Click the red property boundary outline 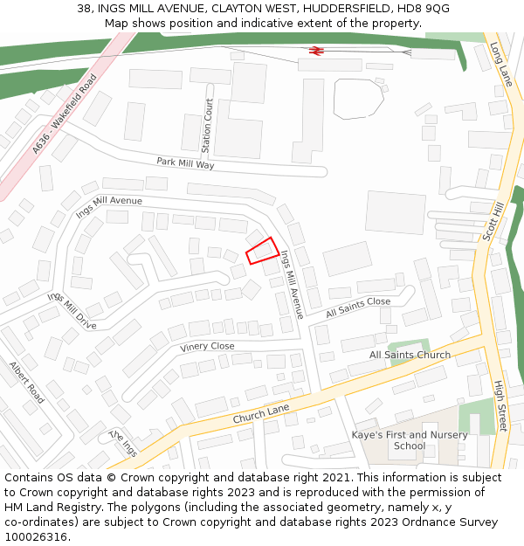[262, 251]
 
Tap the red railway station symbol [316, 51]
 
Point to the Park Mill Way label [185, 163]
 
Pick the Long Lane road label [500, 65]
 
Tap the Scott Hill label [493, 220]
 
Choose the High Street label [500, 405]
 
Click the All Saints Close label [358, 307]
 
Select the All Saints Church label [410, 355]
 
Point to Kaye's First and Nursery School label [410, 440]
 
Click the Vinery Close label [207, 347]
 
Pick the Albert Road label [26, 382]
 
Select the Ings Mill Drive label [72, 311]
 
